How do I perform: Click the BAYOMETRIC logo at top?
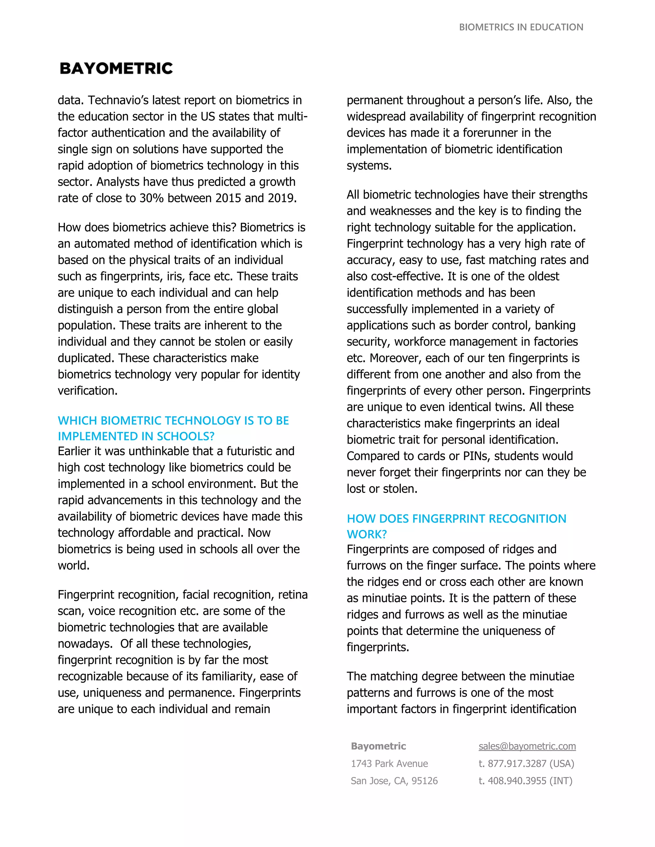pos(116,68)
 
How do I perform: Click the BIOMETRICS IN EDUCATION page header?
pos(521,27)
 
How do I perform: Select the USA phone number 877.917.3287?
pos(517,763)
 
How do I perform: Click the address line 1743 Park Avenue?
pos(389,763)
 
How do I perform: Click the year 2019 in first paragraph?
pos(281,198)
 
